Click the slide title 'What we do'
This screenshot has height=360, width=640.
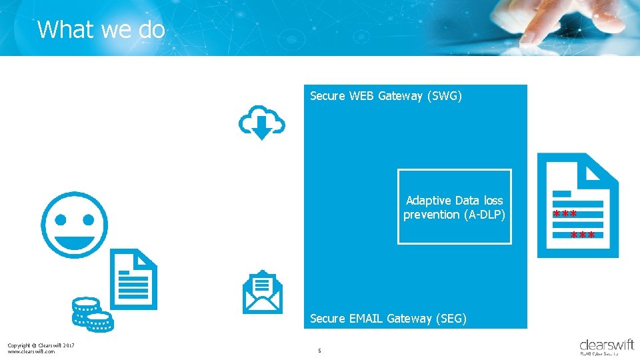pyautogui.click(x=101, y=30)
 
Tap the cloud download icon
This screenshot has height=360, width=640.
pyautogui.click(x=262, y=122)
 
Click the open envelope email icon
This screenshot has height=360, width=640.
pyautogui.click(x=262, y=292)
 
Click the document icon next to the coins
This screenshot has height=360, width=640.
pyautogui.click(x=133, y=279)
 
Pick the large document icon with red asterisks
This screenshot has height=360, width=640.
pyautogui.click(x=578, y=205)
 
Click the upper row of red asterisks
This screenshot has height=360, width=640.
pyautogui.click(x=565, y=215)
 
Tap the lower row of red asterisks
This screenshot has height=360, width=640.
pyautogui.click(x=583, y=235)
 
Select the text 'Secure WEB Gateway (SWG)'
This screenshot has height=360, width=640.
pyautogui.click(x=386, y=96)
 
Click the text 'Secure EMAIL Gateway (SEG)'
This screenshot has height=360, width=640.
pyautogui.click(x=389, y=319)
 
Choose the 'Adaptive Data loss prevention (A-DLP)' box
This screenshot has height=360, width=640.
pyautogui.click(x=455, y=207)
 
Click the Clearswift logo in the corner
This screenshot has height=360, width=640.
pyautogui.click(x=607, y=346)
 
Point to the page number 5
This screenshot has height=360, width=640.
pyautogui.click(x=319, y=351)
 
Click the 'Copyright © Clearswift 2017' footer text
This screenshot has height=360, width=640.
pyautogui.click(x=41, y=345)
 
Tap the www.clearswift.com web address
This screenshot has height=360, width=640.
pyautogui.click(x=31, y=351)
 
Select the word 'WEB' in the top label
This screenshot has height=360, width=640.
pyautogui.click(x=362, y=96)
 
